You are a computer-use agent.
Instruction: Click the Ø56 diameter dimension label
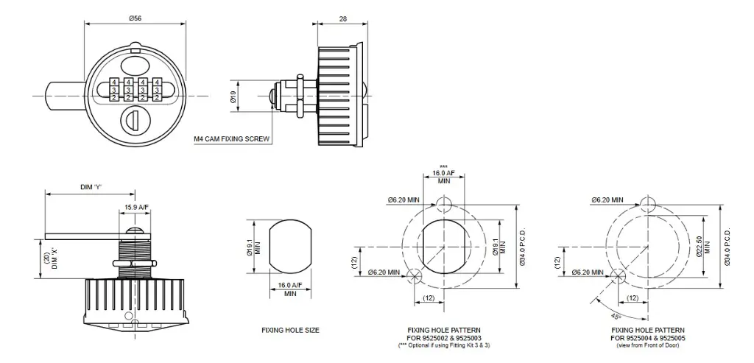click(x=135, y=18)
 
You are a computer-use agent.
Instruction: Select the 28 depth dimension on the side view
click(x=343, y=18)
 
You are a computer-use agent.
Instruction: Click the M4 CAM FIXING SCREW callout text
click(x=232, y=138)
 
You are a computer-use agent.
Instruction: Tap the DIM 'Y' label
click(x=91, y=187)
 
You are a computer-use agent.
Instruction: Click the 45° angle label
click(x=594, y=315)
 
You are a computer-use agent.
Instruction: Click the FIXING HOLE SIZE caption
click(x=290, y=331)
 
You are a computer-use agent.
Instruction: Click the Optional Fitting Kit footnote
click(x=444, y=345)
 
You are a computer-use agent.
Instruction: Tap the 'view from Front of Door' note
click(x=647, y=345)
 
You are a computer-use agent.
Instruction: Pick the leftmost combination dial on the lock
click(x=114, y=90)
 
